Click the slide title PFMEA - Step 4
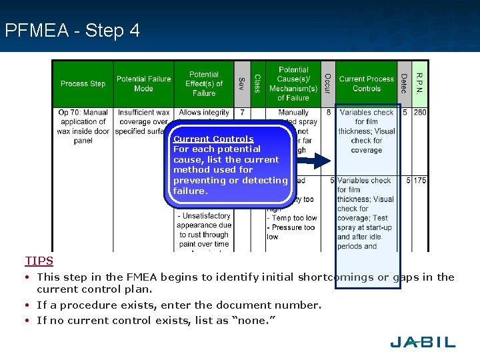(x=72, y=31)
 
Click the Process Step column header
(x=83, y=84)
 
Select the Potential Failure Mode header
(x=143, y=84)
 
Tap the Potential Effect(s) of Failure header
(x=204, y=84)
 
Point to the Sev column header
(x=242, y=84)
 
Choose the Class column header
(x=257, y=84)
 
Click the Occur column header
(x=327, y=84)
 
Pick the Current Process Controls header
(x=366, y=84)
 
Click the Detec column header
(x=404, y=84)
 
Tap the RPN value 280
(x=419, y=113)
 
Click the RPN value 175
(x=419, y=181)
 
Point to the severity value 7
(x=242, y=113)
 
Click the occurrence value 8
(x=328, y=113)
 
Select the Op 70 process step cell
(x=83, y=127)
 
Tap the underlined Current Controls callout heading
(x=213, y=139)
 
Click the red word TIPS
(x=39, y=261)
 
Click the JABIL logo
(x=423, y=342)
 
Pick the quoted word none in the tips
(x=255, y=321)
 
